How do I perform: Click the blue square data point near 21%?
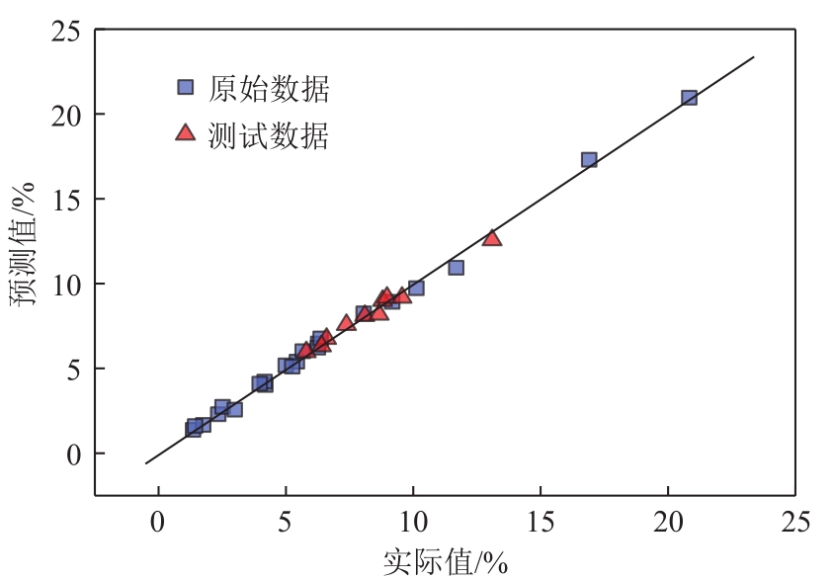pyautogui.click(x=689, y=97)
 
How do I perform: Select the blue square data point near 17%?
pyautogui.click(x=589, y=159)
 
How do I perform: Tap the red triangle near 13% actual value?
pyautogui.click(x=492, y=237)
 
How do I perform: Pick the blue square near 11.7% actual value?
pyautogui.click(x=456, y=267)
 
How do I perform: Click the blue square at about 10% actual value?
pyautogui.click(x=416, y=288)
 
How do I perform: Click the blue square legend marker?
pyautogui.click(x=185, y=87)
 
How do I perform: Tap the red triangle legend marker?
pyautogui.click(x=185, y=131)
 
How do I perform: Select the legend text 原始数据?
pyautogui.click(x=269, y=89)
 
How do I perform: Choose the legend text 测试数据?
pyautogui.click(x=269, y=134)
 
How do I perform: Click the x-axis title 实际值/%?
pyautogui.click(x=445, y=562)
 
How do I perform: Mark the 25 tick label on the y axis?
pyautogui.click(x=65, y=31)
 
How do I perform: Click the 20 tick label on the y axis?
pyautogui.click(x=65, y=116)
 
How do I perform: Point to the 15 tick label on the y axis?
pyautogui.click(x=65, y=200)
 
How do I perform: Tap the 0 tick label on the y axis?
pyautogui.click(x=71, y=454)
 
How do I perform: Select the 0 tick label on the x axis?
pyautogui.click(x=158, y=520)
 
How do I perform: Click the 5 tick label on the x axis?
pyautogui.click(x=286, y=520)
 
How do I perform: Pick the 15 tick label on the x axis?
pyautogui.click(x=541, y=520)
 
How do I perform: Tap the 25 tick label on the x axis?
pyautogui.click(x=795, y=520)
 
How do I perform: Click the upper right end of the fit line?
pyautogui.click(x=753, y=57)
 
